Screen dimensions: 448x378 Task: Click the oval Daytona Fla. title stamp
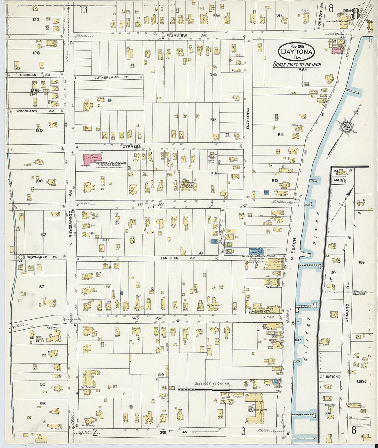point(296,52)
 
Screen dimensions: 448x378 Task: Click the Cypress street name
point(132,147)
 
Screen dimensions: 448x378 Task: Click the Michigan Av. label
point(35,74)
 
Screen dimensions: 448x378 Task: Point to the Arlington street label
point(329,377)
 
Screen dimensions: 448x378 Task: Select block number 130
point(39,130)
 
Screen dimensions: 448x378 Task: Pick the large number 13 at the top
point(84,10)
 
